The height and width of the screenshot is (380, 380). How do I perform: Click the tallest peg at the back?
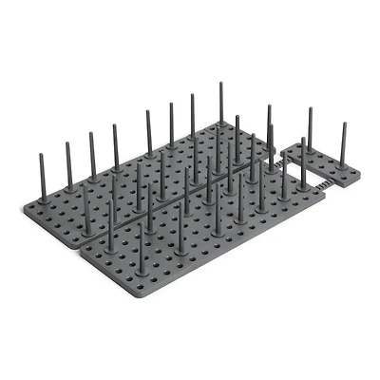click(x=221, y=114)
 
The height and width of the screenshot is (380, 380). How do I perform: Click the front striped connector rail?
click(x=324, y=184)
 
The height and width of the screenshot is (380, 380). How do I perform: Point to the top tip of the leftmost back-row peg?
click(x=44, y=153)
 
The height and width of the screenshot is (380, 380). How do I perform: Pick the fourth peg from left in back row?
click(x=116, y=147)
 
